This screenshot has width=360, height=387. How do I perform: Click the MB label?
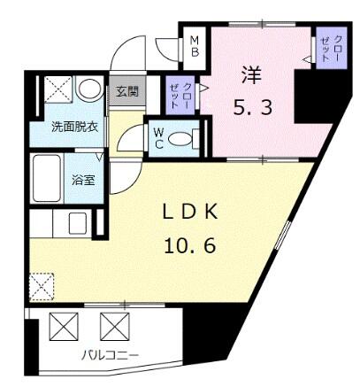(x=194, y=47)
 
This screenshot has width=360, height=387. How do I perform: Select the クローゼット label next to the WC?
(x=175, y=91)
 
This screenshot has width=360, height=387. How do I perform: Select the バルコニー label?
(x=104, y=356)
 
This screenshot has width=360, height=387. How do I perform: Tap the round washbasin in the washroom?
(x=88, y=90)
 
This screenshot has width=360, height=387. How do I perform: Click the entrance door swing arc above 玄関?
(x=129, y=53)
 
